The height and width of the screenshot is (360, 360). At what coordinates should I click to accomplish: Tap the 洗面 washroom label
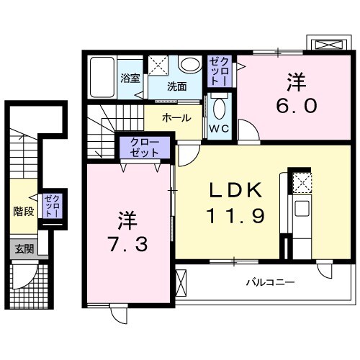point(177,86)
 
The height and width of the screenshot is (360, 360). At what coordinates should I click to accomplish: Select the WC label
point(219,130)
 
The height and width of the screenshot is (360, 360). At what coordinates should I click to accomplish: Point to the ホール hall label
point(176,117)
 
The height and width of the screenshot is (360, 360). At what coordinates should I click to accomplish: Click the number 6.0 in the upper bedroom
point(293,105)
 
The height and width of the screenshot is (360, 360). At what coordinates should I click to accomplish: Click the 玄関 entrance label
point(24,249)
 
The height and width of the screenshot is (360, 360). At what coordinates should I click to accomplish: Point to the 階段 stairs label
point(24,212)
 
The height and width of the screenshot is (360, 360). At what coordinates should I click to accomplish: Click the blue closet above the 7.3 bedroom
point(146,149)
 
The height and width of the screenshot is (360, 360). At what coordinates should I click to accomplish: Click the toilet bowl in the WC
point(220,109)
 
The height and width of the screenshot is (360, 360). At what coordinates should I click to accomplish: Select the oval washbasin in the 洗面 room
point(190,66)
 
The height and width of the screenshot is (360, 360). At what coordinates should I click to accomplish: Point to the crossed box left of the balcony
point(181,282)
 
